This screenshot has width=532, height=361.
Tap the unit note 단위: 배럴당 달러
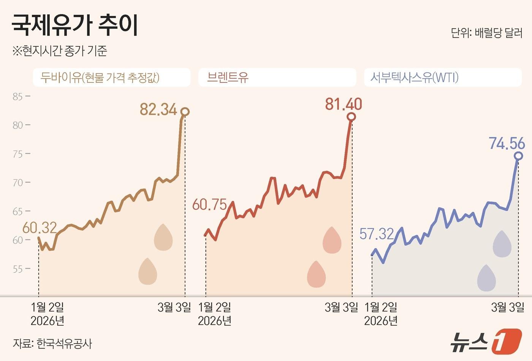[x=486, y=33]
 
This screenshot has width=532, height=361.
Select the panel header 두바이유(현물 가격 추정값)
[x=100, y=78]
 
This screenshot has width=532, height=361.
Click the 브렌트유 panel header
[x=228, y=78]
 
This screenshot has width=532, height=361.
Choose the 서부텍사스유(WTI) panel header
[x=414, y=78]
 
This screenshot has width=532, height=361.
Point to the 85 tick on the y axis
[x=18, y=97]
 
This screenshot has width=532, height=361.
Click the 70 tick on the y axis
[x=18, y=183]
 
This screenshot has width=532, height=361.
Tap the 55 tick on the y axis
[x=18, y=269]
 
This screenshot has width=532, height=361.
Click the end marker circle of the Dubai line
[x=185, y=112]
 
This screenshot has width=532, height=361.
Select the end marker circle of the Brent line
[x=351, y=117]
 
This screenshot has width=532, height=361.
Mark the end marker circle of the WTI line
[x=518, y=156]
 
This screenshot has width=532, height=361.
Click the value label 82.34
[x=158, y=109]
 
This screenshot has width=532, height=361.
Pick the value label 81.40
[x=344, y=104]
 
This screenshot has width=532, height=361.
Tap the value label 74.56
[x=507, y=144]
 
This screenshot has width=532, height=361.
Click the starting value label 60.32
[x=40, y=228]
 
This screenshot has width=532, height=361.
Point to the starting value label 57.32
[x=377, y=234]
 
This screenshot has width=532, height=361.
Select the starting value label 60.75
[x=209, y=204]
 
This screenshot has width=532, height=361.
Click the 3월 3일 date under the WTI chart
[x=507, y=307]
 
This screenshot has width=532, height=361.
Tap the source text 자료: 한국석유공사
[x=52, y=344]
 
